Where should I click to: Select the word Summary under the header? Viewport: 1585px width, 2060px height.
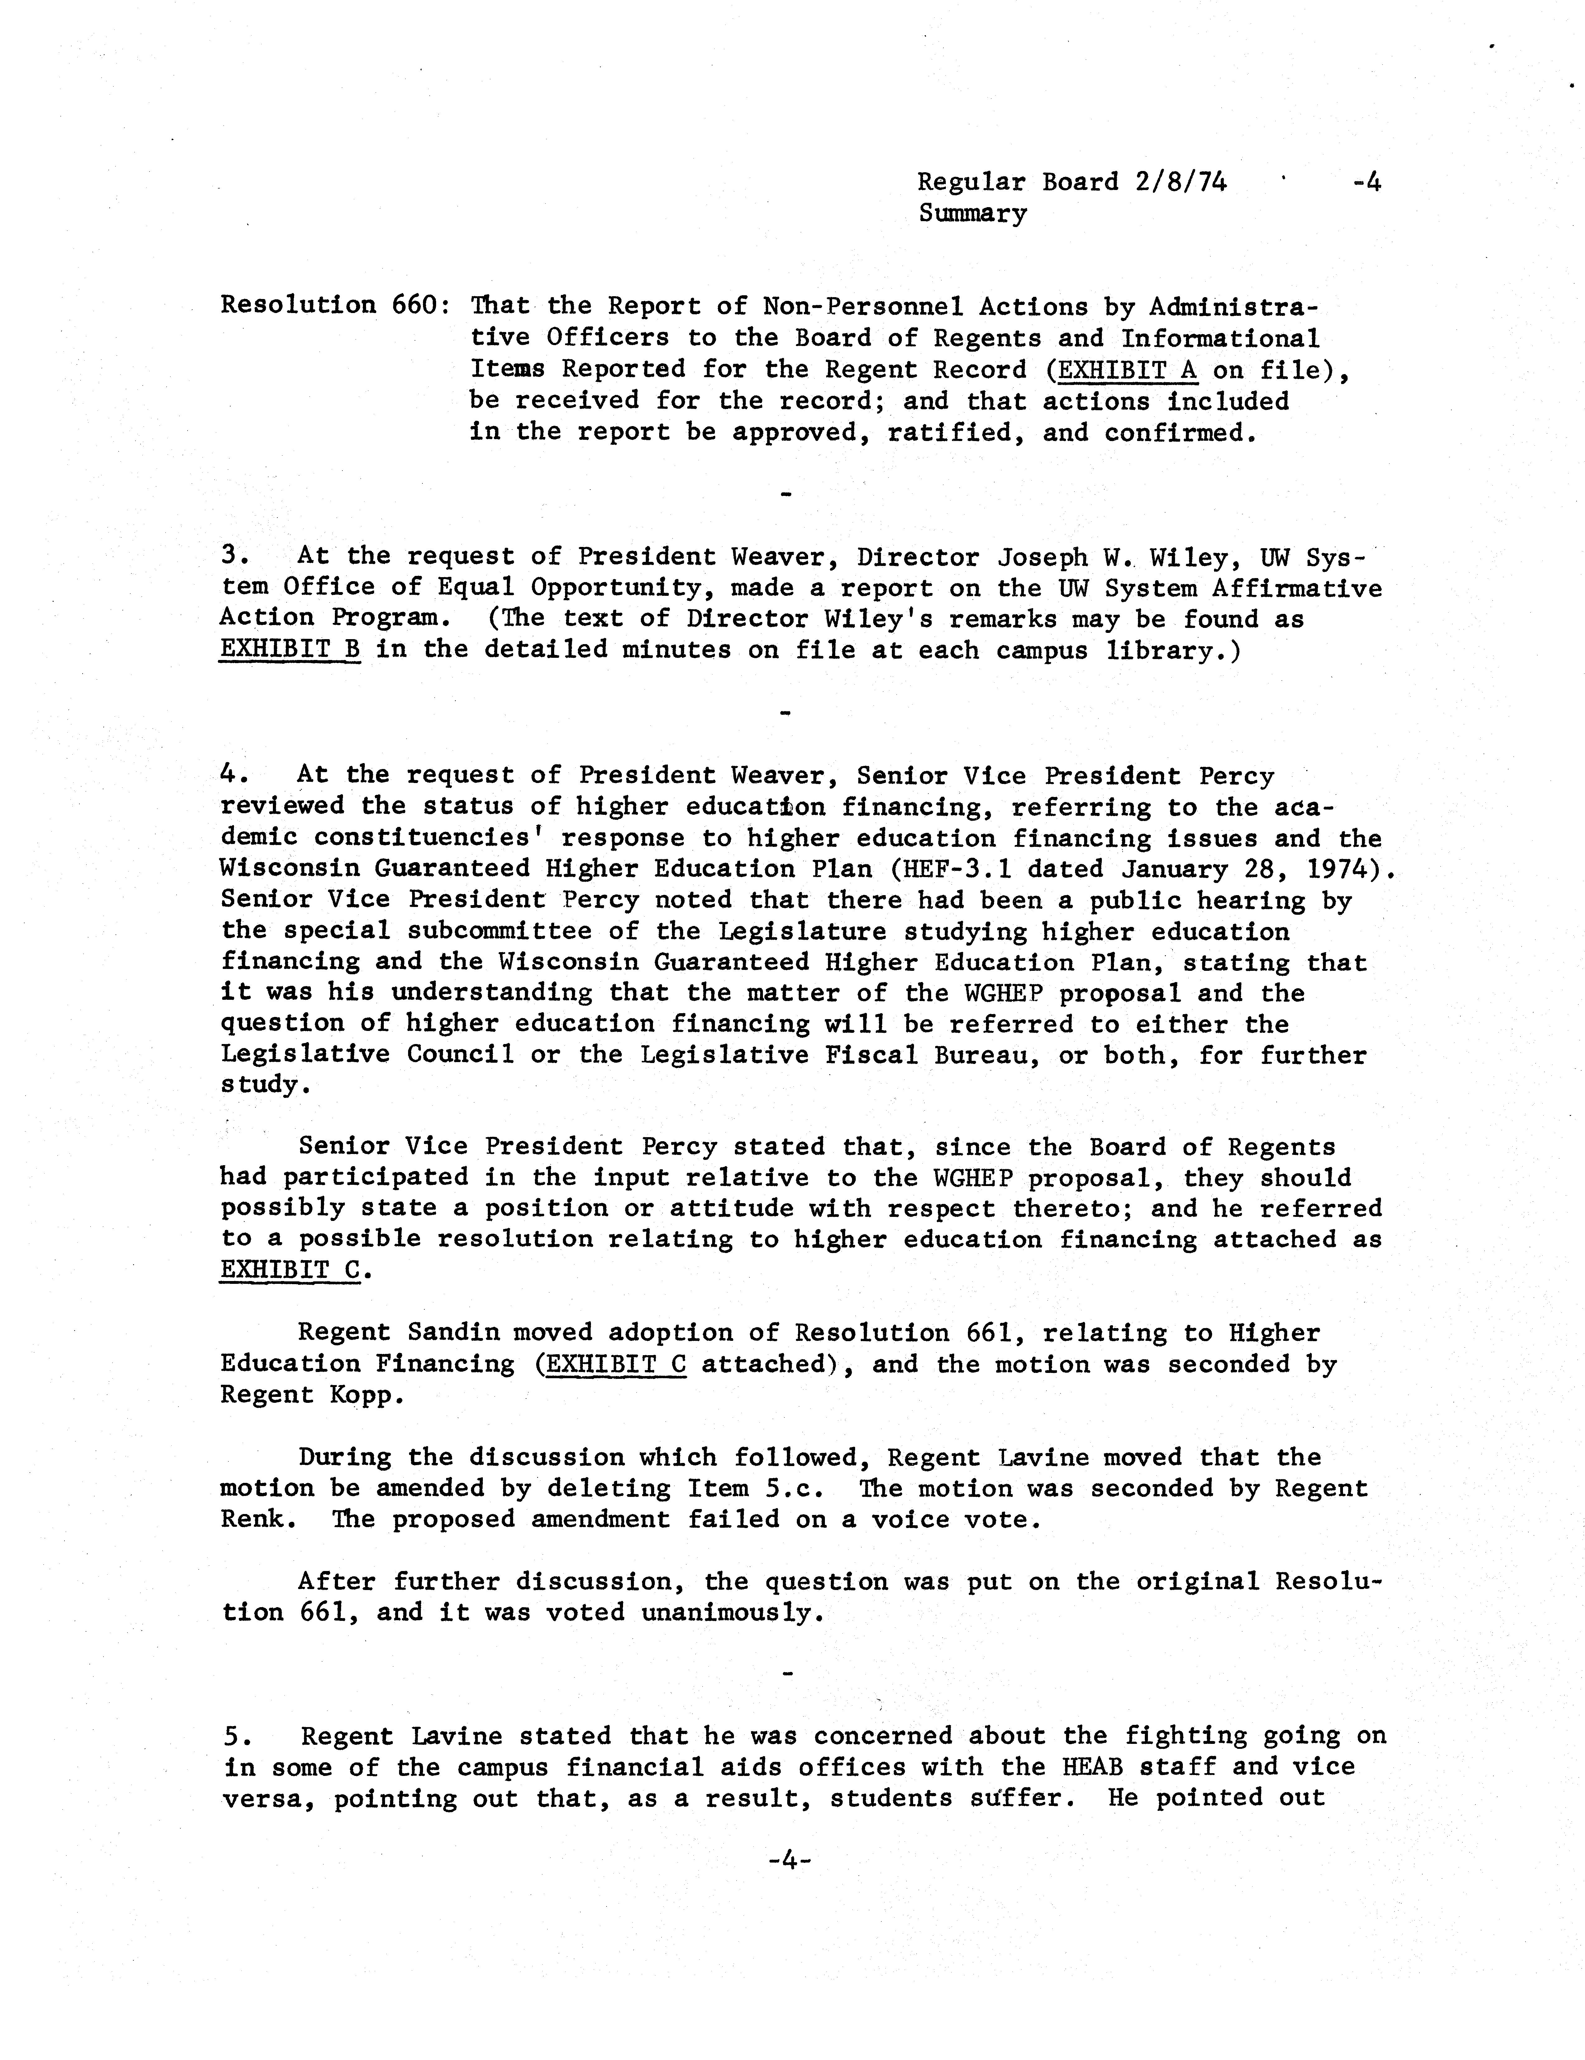(x=973, y=214)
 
